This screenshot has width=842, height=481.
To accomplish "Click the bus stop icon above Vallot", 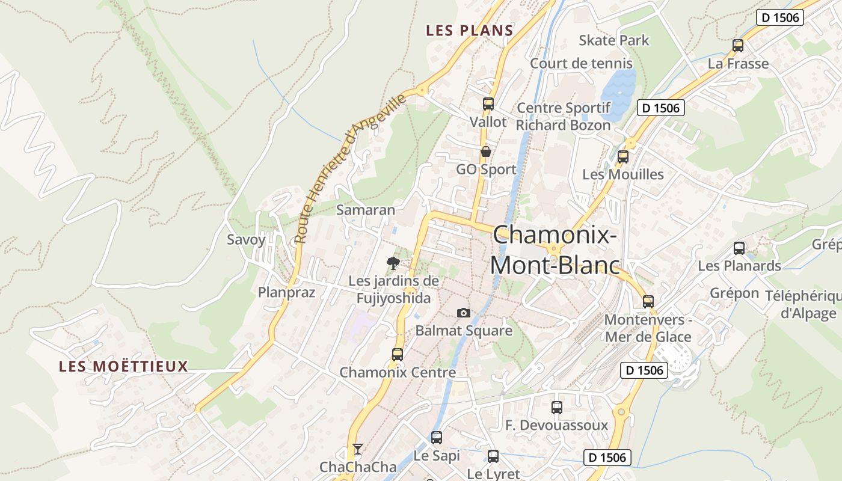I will (488, 104).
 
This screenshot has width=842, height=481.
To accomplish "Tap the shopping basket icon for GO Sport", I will (485, 152).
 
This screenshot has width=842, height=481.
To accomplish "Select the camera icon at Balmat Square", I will (463, 313).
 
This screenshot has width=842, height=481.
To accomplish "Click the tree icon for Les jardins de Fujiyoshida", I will (393, 263).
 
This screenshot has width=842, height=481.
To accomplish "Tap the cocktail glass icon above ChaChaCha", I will (358, 449).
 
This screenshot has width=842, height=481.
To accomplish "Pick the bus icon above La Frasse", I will (738, 46).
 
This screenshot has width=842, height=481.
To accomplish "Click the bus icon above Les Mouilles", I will (623, 157).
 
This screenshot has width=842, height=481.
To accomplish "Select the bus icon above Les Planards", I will (739, 248).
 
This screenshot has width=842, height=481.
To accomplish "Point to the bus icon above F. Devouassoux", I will (557, 408).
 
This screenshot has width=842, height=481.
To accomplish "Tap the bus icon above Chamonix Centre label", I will (398, 355).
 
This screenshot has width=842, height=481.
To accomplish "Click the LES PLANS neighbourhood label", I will (470, 31).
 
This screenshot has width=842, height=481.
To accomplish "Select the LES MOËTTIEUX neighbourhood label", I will (123, 366).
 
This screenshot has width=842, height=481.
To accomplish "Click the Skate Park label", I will (614, 40).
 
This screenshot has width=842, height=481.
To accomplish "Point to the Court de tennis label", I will (581, 63).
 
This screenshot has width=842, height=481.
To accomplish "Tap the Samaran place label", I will (366, 210).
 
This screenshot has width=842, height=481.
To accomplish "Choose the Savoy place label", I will (246, 239).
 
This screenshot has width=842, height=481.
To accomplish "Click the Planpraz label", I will (287, 292).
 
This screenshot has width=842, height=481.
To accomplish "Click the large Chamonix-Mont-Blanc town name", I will (555, 250).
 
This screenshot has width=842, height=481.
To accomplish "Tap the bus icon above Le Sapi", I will (437, 438).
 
